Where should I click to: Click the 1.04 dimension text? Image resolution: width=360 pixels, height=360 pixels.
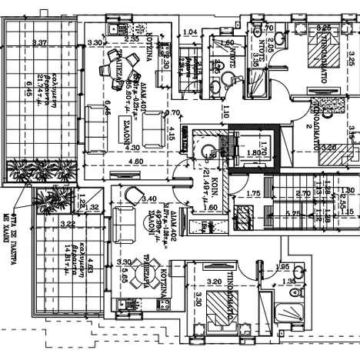(192, 32)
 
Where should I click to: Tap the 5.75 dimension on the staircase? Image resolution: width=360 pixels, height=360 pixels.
(292, 213)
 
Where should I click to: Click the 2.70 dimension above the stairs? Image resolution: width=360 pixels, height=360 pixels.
(302, 194)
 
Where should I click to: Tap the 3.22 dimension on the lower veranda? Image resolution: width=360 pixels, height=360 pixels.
(66, 224)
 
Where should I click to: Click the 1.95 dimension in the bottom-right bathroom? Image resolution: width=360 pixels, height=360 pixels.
(282, 266)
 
